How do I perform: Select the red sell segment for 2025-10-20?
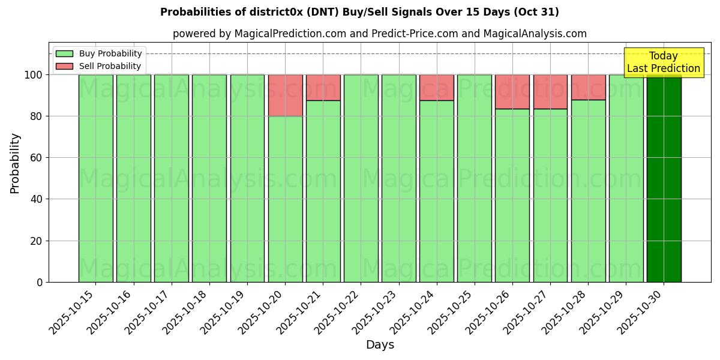pos(285,95)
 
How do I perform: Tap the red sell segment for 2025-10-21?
pos(323,88)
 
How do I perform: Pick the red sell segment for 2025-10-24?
pos(437,88)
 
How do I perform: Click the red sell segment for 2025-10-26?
pos(512,92)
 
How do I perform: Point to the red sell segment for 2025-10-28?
pos(588,87)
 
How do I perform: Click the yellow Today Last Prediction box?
pos(664,62)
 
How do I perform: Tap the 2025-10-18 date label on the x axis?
pos(187,312)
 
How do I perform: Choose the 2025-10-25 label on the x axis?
pos(452,312)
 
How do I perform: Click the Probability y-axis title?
pos(15,163)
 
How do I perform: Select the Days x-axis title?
pos(380,345)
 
